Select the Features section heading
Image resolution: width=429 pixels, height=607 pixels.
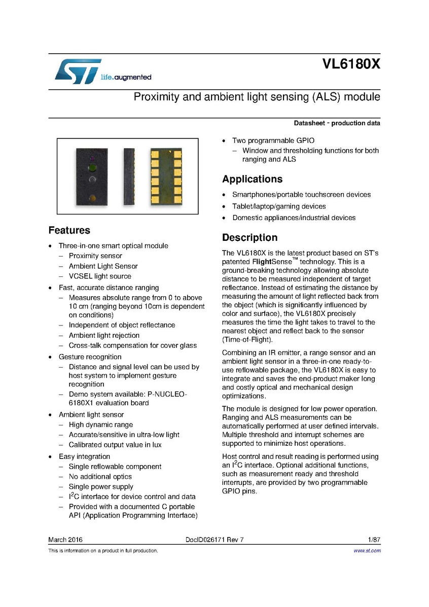[69, 230]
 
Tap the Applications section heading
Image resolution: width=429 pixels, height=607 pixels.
[252, 179]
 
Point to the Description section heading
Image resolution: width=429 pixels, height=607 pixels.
[249, 238]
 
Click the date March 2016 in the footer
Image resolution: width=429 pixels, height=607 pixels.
[65, 540]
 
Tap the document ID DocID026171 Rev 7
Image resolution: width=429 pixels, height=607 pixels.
[215, 540]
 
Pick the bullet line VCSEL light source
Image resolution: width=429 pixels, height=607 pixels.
[100, 276]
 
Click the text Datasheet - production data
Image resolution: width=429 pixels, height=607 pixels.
[337, 124]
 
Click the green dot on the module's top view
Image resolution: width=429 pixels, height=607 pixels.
[92, 167]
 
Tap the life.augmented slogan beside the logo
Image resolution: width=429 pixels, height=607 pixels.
[126, 78]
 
